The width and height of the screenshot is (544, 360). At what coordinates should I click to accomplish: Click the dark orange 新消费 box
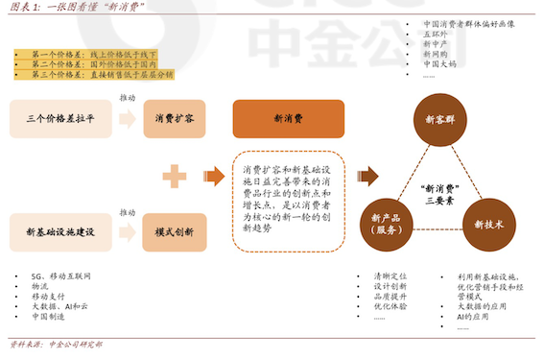point(288,118)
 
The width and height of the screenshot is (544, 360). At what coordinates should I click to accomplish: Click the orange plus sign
point(174,176)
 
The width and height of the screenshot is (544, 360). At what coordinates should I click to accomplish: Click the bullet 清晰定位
point(390,276)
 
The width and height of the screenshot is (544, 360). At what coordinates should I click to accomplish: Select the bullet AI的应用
point(474,315)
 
